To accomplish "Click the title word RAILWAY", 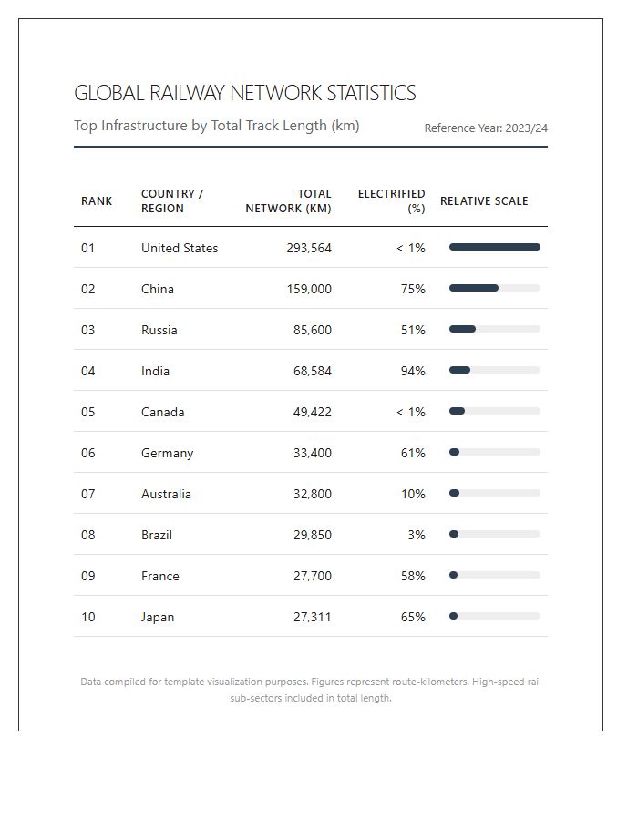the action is (x=187, y=93).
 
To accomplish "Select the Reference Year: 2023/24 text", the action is (x=486, y=128).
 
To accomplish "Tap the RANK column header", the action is (x=97, y=201).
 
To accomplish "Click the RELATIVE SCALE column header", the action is (x=484, y=201).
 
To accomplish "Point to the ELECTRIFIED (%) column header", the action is (x=392, y=200).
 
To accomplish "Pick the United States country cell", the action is (x=180, y=248).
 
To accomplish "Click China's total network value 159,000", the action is (x=309, y=289).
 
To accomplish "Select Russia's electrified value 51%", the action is (x=413, y=330).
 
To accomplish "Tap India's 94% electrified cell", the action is (x=413, y=371).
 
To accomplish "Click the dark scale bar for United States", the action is (x=495, y=247).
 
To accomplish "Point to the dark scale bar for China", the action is (x=474, y=288).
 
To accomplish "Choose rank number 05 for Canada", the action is (x=87, y=412).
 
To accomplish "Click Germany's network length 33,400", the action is (x=313, y=453).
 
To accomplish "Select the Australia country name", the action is (x=166, y=494).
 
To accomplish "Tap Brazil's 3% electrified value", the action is (x=417, y=535).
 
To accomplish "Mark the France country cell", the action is (x=160, y=576).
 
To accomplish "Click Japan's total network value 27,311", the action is (x=313, y=617).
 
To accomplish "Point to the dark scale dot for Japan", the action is (x=453, y=616).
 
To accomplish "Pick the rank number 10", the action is (x=87, y=617).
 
